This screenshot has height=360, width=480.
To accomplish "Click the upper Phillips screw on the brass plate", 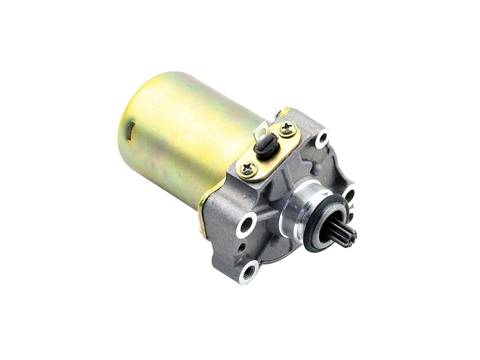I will pos(287,129).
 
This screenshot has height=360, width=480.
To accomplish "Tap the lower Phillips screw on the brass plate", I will pos(248,169).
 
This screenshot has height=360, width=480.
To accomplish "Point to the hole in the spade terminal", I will pos(260,133).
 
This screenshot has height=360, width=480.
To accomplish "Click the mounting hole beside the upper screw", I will pos(322,137).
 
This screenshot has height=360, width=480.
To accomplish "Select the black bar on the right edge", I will pos(450,180).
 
